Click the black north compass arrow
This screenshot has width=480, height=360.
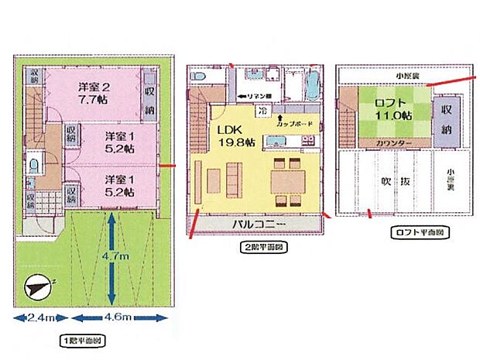36,287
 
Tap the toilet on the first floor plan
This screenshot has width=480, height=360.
33,166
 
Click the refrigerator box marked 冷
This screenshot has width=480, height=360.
263,110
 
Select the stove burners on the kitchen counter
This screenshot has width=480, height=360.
307,141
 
